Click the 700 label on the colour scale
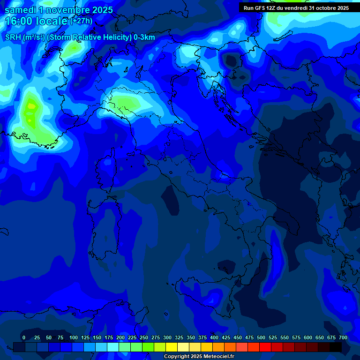click(x=343, y=337)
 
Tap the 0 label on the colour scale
click(x=24, y=337)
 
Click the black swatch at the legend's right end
click(x=336, y=347)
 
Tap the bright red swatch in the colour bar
click(x=265, y=347)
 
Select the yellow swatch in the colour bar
click(x=172, y=347)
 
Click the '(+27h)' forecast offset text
click(x=81, y=21)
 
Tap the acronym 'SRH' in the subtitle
click(x=13, y=37)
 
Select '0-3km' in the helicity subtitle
click(x=144, y=37)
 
